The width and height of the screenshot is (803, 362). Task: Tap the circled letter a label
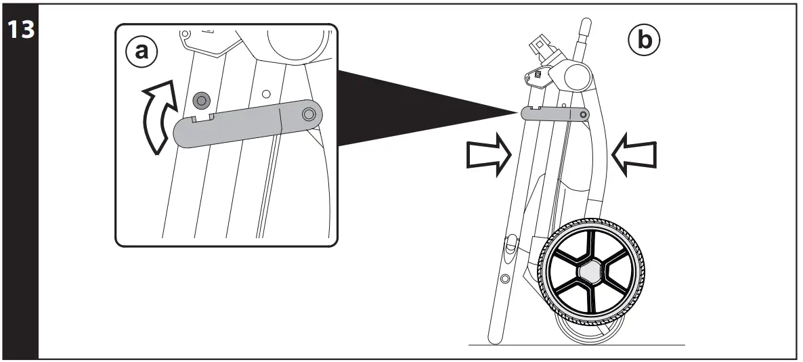point(142,51)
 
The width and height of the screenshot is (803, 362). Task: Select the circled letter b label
point(643,41)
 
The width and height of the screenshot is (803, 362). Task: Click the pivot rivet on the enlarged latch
point(309,114)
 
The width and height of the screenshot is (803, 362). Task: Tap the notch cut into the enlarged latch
point(202,118)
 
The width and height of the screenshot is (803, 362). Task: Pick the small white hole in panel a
point(266,93)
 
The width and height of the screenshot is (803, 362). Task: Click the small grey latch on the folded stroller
point(555,114)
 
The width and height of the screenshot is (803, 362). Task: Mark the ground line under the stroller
point(576,345)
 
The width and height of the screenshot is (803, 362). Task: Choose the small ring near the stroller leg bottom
point(505,278)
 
